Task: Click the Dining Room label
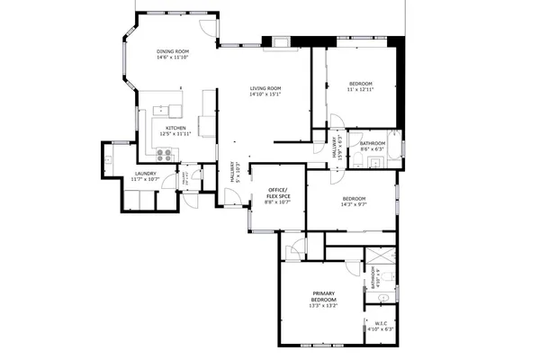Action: pos(173,52)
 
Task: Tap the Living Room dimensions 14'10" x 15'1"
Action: pos(265,94)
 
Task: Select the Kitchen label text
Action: pos(175,128)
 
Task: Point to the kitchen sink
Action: pos(175,111)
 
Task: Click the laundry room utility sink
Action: pos(109,159)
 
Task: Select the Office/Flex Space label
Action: pos(277,193)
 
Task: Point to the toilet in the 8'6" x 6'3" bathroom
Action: pos(357,160)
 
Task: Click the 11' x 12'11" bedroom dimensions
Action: pos(360,89)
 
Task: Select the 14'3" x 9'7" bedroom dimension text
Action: pos(353,204)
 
